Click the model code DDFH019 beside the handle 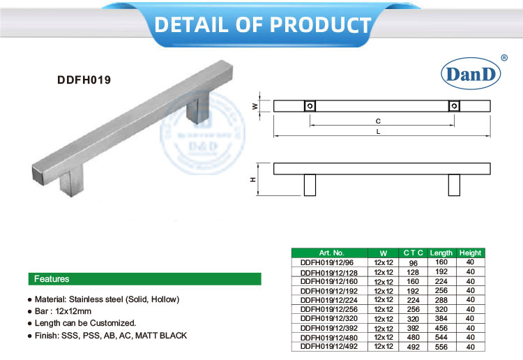84,80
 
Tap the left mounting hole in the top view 310,106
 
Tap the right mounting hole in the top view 454,106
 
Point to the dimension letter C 378,121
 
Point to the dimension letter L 378,131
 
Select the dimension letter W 254,106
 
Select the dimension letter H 254,179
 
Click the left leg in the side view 310,185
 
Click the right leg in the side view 454,185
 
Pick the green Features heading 52,279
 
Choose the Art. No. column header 331,253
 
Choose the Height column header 470,253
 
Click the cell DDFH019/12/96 322,262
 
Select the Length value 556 441,346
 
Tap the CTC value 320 413,318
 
